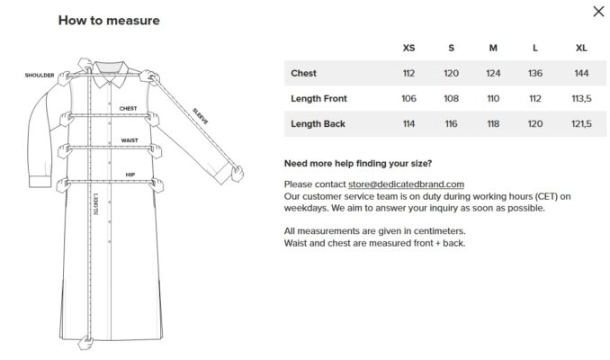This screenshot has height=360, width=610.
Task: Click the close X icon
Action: [598, 12]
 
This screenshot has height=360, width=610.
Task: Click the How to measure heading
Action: [109, 20]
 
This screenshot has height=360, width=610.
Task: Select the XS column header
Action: [408, 48]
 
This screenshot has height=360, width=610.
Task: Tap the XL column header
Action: [581, 48]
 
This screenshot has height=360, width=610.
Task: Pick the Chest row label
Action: [303, 73]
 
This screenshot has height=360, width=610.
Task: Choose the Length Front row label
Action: [318, 98]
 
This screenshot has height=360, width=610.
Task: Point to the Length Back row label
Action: [318, 124]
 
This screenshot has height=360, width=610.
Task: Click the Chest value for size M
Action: [493, 73]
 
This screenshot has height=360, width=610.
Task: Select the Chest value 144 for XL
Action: [581, 73]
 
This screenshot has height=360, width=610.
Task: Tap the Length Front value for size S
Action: [451, 98]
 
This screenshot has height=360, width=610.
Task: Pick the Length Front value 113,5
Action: [581, 98]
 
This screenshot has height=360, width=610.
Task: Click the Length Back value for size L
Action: [535, 124]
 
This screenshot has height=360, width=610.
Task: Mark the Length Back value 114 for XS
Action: [408, 124]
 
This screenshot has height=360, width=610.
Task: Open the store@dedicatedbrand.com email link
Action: [406, 184]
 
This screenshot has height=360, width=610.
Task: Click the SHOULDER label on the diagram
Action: [40, 75]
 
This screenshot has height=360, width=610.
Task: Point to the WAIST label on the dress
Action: [130, 140]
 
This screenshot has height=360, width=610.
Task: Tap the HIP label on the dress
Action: [130, 175]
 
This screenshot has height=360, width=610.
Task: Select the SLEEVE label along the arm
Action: [201, 116]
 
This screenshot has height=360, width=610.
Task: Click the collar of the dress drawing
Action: [111, 74]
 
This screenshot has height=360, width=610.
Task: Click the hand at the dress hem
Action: [85, 343]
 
